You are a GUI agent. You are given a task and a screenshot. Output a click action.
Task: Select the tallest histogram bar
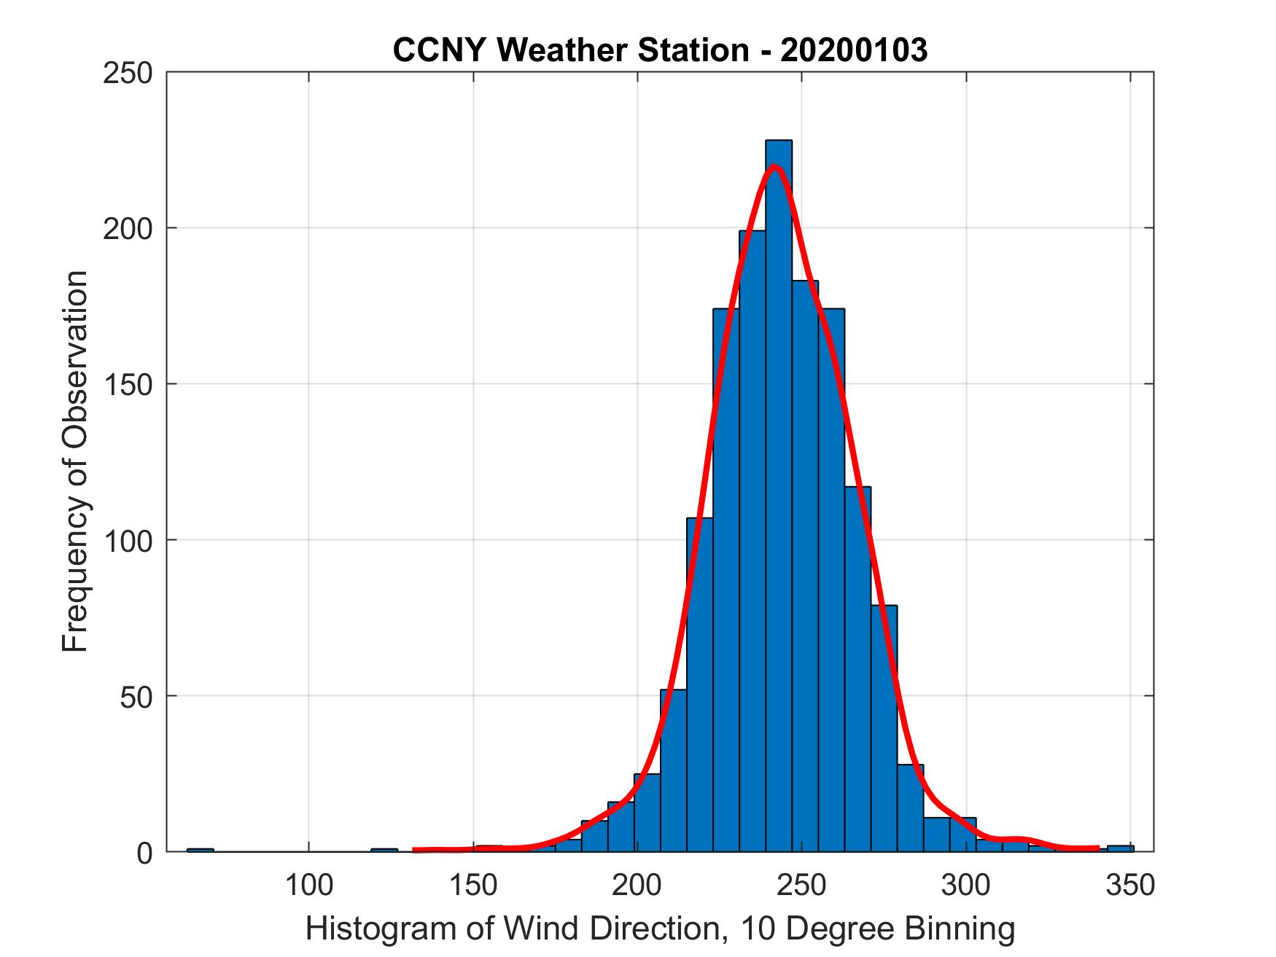(x=778, y=496)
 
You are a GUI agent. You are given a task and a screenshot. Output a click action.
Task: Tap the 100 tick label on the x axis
(x=309, y=886)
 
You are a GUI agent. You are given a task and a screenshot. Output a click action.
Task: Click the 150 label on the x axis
(x=474, y=886)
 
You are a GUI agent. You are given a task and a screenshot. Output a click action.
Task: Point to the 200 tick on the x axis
(x=638, y=886)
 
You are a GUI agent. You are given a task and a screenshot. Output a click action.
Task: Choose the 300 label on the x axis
(x=967, y=886)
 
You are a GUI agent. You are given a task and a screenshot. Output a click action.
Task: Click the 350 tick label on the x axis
(x=1131, y=886)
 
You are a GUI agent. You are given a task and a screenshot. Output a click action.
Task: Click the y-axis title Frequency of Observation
(x=75, y=461)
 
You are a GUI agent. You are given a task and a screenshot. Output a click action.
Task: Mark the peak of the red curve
(x=774, y=167)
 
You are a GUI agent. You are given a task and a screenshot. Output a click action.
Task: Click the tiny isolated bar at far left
(x=200, y=849)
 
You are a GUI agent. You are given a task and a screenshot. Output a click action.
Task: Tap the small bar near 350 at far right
(x=1120, y=848)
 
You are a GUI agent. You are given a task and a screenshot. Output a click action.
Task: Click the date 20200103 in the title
(x=854, y=50)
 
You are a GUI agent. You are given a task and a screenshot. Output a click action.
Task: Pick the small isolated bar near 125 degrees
(x=384, y=849)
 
